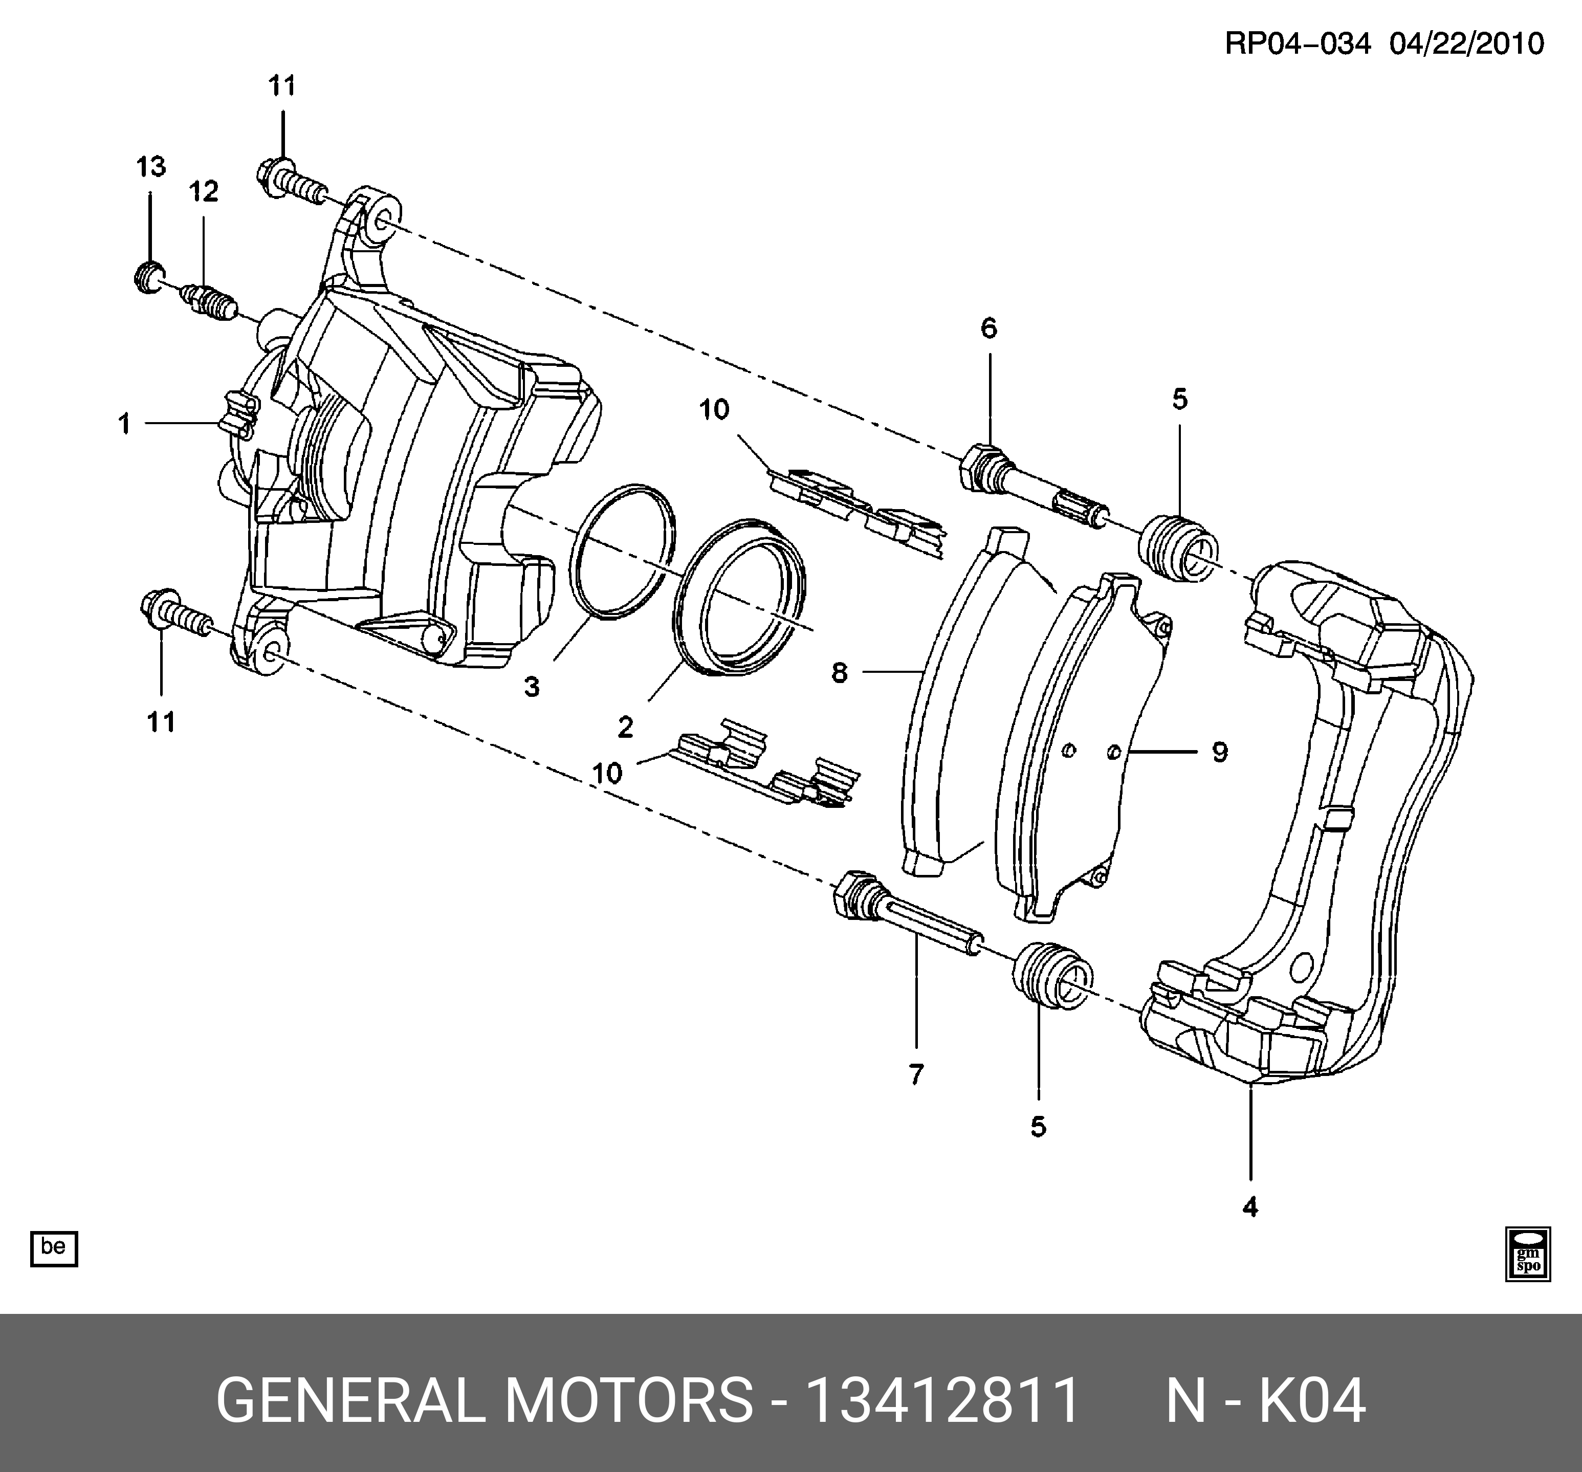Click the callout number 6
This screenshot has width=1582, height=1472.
click(x=988, y=328)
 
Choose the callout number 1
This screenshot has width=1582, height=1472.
click(x=124, y=424)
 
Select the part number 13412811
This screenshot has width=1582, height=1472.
click(x=943, y=1400)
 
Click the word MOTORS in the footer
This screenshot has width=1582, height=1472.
click(x=629, y=1400)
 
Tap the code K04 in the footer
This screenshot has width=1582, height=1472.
click(x=1311, y=1400)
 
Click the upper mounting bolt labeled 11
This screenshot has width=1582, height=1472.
click(x=291, y=185)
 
